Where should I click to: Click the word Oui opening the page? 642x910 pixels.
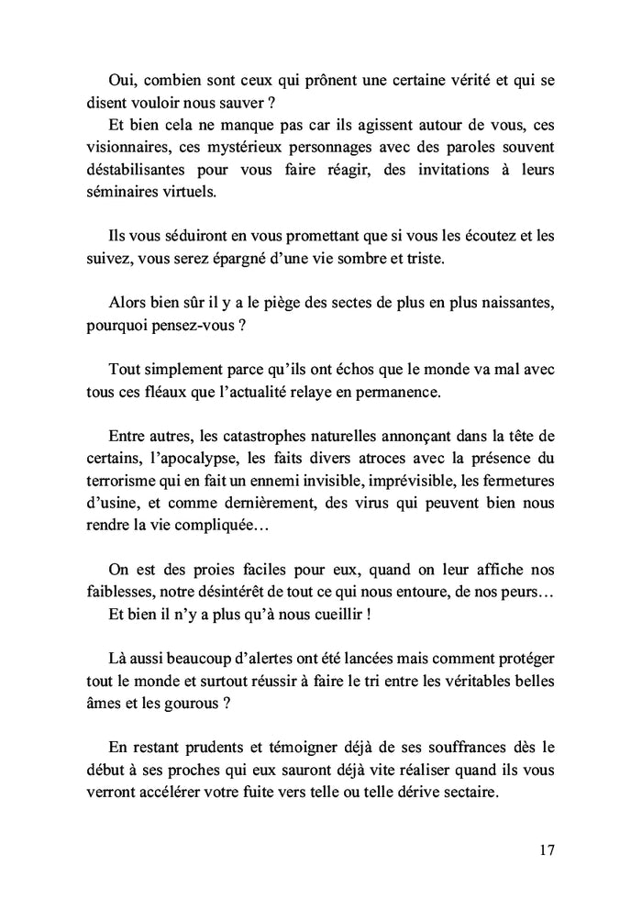tap(123, 80)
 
